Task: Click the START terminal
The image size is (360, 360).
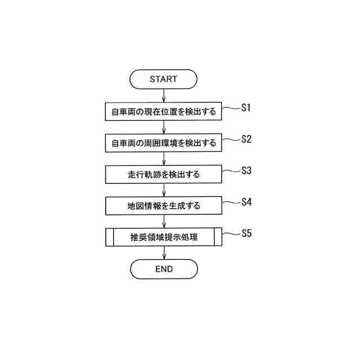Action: [x=163, y=79]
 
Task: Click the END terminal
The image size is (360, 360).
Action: [x=164, y=269]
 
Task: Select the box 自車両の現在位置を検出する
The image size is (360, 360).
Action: [x=164, y=111]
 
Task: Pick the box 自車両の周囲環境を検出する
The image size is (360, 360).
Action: [x=164, y=143]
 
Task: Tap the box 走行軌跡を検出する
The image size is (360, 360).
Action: [x=164, y=174]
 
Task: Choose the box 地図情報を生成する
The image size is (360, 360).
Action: [x=164, y=206]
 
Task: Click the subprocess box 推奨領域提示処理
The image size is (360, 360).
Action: [x=164, y=237]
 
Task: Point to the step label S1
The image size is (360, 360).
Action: [x=246, y=107]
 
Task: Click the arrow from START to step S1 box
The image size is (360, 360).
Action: [x=164, y=96]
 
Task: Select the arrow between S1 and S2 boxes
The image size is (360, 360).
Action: [x=164, y=127]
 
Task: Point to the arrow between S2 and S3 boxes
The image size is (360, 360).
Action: [x=164, y=159]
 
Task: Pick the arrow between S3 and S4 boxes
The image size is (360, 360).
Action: [x=164, y=190]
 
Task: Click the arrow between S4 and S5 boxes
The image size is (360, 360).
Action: [x=164, y=222]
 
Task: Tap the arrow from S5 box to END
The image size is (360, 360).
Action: [x=164, y=253]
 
